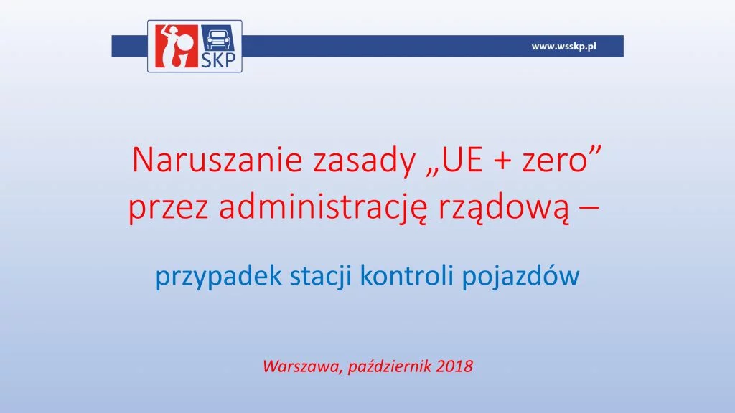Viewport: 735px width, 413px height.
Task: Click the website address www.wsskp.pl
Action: coord(563,47)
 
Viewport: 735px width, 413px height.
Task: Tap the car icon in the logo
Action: coord(218,39)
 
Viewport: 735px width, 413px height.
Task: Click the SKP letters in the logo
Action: coord(218,60)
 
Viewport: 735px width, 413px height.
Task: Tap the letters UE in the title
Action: coord(455,161)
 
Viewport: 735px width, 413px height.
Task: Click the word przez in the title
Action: coord(168,209)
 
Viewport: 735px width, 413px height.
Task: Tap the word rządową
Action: coord(505,209)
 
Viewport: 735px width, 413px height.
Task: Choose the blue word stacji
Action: coord(321,276)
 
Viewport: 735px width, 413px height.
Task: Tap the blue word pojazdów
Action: coord(521,276)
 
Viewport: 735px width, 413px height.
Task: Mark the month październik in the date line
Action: coord(390,366)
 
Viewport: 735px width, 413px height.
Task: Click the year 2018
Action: coord(454,366)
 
